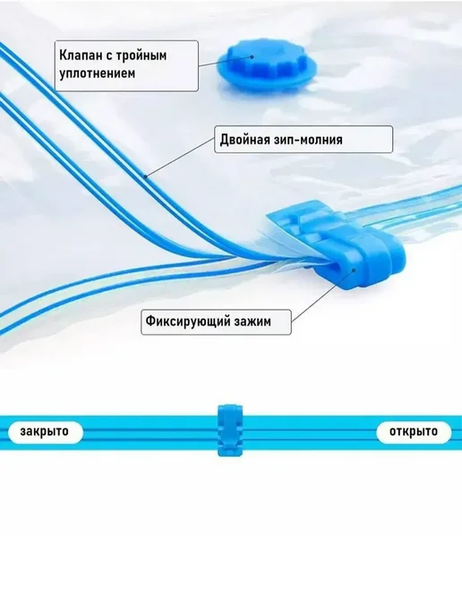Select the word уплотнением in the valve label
coord(97,73)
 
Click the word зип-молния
coord(305,140)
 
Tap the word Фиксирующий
coord(188,321)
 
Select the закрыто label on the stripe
coord(45,431)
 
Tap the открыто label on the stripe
coord(414,431)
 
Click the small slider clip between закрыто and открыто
coord(231,430)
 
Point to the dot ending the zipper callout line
coord(145,176)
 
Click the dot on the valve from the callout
coord(250,57)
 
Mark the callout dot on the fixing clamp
coord(354,269)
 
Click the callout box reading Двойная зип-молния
coord(304,139)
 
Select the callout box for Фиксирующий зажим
coord(216,321)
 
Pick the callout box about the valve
coord(126,65)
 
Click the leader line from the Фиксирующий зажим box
coord(322,295)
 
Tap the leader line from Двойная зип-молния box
coord(180,158)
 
